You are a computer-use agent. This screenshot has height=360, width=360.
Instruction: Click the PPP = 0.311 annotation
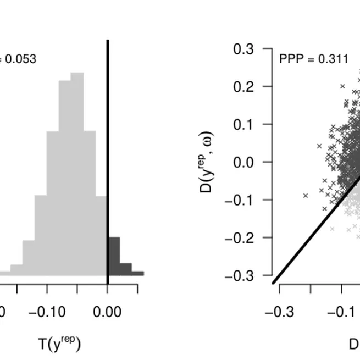point(313,58)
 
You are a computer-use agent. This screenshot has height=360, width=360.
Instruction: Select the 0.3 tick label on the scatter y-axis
point(243,49)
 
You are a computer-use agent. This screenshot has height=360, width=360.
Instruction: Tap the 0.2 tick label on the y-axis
point(243,87)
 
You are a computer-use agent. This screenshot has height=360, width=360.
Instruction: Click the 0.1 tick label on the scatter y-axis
point(243,124)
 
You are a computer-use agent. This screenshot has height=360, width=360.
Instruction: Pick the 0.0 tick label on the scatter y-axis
point(243,162)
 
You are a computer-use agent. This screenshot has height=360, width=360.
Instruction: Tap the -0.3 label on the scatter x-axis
point(279,312)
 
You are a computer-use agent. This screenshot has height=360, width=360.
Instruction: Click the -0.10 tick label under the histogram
point(47,312)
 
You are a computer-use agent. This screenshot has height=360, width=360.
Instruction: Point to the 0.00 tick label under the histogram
point(107,312)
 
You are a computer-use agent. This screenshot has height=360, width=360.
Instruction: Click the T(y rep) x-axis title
point(60,344)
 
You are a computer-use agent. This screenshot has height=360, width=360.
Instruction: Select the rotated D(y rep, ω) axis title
point(209,162)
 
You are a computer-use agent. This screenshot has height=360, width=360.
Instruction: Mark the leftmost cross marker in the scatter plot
point(306,195)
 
